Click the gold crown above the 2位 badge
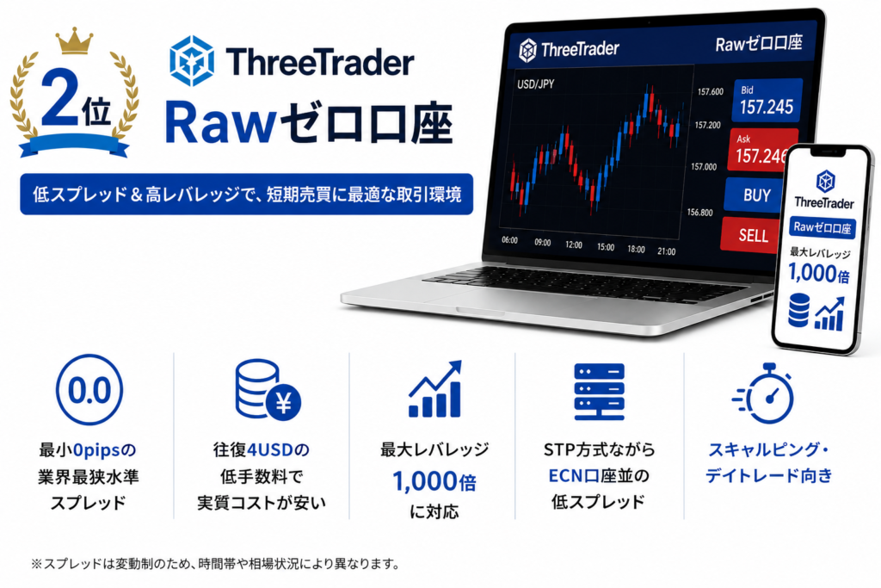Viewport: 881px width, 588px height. point(74,41)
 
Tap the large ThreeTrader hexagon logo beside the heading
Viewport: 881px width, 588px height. point(192,61)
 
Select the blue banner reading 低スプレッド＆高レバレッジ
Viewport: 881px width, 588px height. point(246,195)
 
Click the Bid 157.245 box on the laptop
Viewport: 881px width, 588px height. point(767,101)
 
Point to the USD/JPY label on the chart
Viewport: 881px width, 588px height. point(535,84)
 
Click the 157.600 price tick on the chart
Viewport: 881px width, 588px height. point(710,91)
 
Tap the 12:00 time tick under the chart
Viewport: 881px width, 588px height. point(574,244)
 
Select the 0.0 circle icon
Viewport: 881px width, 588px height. point(89,390)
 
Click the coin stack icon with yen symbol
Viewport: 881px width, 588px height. point(267,390)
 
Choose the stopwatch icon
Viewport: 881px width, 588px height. point(764,393)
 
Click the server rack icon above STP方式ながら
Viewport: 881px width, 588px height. point(599,391)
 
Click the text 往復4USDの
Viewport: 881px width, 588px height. point(262,449)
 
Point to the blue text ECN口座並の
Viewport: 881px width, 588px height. point(599,475)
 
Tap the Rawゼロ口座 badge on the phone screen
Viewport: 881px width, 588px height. point(822,227)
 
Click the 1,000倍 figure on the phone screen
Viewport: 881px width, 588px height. point(819,274)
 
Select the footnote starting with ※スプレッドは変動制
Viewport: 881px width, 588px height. point(215,564)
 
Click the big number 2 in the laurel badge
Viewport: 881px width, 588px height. point(60,97)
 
